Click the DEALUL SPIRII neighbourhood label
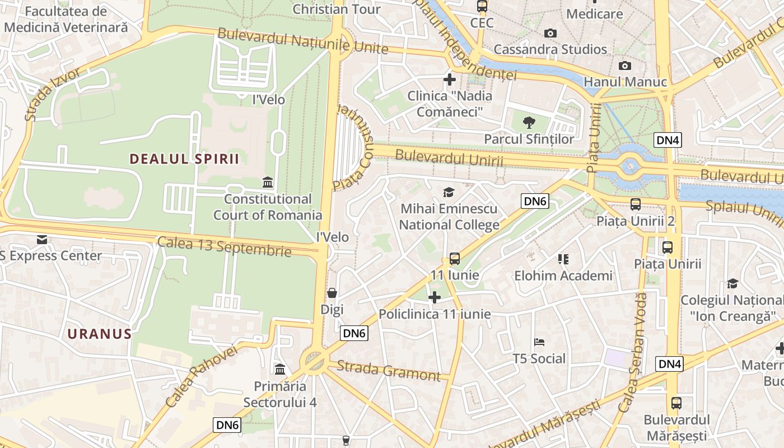(x=184, y=159)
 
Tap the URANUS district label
(x=100, y=334)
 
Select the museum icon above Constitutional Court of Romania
(x=268, y=183)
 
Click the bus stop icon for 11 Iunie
(x=455, y=259)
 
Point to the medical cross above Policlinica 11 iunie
(x=435, y=297)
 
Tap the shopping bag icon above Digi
(x=332, y=293)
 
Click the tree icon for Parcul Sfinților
(x=529, y=122)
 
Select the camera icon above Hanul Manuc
(x=625, y=66)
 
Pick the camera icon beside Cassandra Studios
(x=550, y=34)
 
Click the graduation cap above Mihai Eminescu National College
(x=449, y=193)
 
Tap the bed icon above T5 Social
(x=539, y=342)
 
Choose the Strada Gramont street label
(x=389, y=371)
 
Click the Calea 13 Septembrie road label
(x=224, y=246)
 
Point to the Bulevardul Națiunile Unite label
(x=302, y=40)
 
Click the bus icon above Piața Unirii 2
(x=635, y=204)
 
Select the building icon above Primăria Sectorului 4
(x=280, y=369)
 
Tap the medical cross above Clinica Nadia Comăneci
(x=449, y=80)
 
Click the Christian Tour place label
(x=337, y=9)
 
